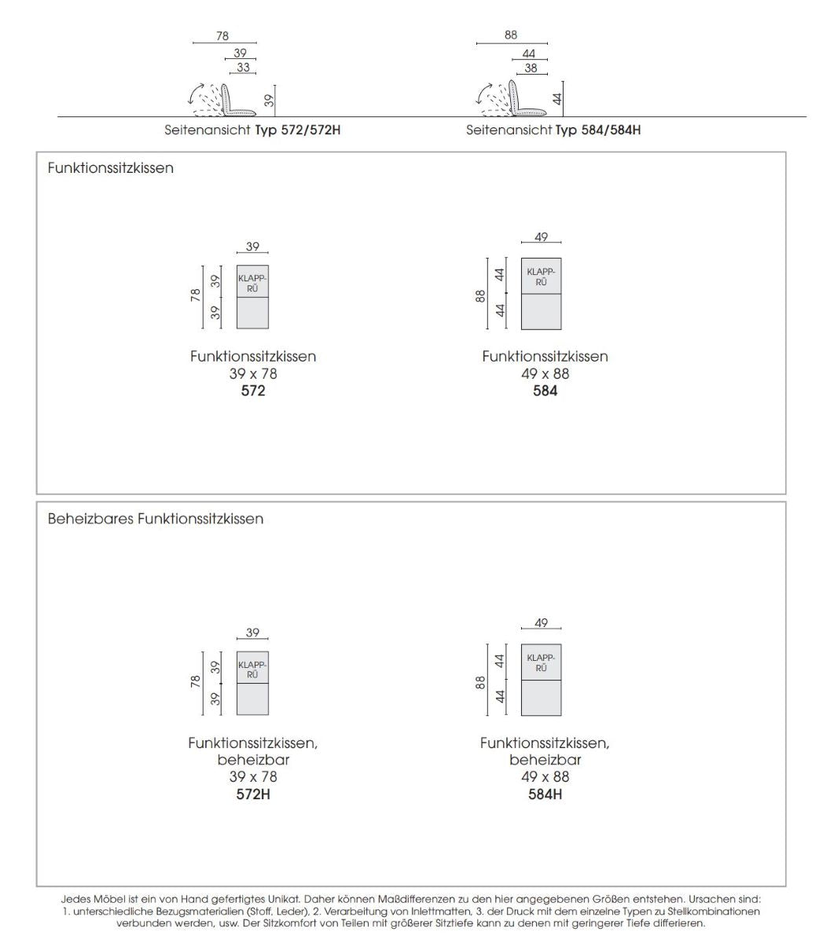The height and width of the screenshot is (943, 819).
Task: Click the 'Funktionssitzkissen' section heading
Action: (x=110, y=168)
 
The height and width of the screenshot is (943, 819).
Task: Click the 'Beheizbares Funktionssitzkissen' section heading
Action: (x=155, y=519)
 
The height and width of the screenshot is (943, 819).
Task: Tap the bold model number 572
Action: (x=253, y=391)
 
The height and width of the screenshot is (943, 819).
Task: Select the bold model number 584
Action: (x=545, y=391)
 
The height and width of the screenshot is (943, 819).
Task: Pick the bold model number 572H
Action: (x=253, y=794)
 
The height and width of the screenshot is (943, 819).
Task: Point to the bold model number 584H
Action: (x=545, y=794)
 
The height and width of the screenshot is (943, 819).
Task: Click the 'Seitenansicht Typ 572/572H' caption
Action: (x=252, y=130)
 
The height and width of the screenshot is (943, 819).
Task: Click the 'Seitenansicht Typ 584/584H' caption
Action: (x=553, y=130)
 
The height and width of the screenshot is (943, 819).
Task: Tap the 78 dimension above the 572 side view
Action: (x=222, y=36)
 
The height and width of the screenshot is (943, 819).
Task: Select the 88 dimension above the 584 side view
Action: (x=512, y=35)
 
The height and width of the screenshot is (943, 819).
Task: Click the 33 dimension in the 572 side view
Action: (x=243, y=68)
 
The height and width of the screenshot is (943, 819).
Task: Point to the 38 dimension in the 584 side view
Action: (x=531, y=68)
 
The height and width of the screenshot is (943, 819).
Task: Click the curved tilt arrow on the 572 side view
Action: (x=193, y=94)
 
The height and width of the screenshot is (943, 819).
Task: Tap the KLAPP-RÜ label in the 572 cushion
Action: (x=252, y=284)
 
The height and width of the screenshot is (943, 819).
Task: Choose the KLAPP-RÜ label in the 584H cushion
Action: (x=541, y=662)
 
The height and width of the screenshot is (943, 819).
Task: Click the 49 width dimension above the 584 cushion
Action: (x=541, y=237)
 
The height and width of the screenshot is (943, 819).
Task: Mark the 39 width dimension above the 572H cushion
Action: (x=252, y=633)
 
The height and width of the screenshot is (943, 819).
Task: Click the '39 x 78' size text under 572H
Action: (x=253, y=776)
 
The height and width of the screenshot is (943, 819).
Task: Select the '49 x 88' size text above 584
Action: (x=545, y=373)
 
